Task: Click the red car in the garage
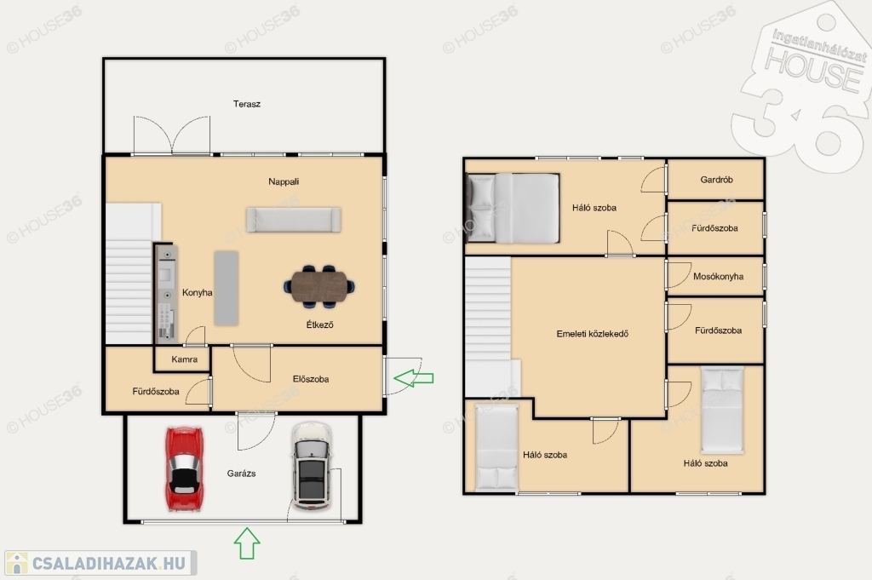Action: click(x=184, y=468)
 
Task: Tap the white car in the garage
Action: click(x=312, y=466)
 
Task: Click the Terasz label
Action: click(x=247, y=104)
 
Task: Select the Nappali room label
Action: click(x=284, y=181)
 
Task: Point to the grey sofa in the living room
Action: click(x=294, y=220)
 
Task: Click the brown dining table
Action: click(x=319, y=286)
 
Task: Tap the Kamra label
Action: click(x=185, y=359)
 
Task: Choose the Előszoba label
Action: click(x=311, y=379)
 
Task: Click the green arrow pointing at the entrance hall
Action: click(x=413, y=378)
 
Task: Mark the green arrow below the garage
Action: click(x=247, y=543)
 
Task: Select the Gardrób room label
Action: click(x=716, y=180)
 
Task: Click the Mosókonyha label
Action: click(x=718, y=277)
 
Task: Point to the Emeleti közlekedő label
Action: click(x=593, y=334)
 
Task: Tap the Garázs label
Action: click(x=241, y=474)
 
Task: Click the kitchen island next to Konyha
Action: click(x=227, y=288)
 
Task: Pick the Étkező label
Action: click(x=320, y=324)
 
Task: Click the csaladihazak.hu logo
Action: click(x=100, y=563)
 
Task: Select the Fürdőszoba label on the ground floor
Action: click(x=156, y=392)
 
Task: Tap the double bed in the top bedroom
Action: click(x=513, y=208)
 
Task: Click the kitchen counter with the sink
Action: click(x=166, y=293)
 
